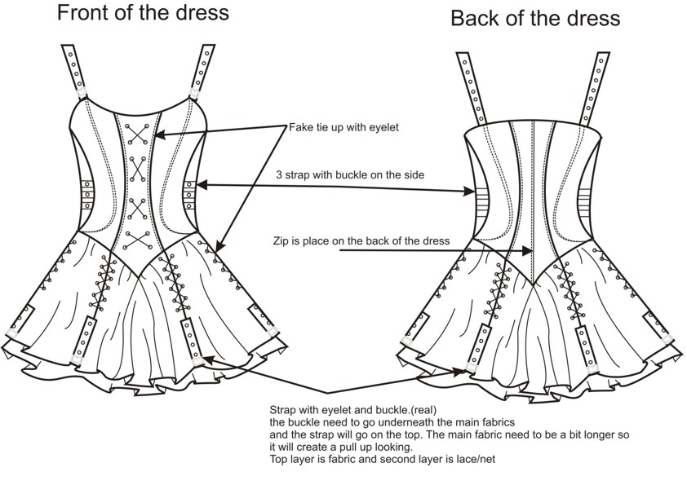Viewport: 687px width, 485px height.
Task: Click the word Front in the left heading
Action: pyautogui.click(x=81, y=13)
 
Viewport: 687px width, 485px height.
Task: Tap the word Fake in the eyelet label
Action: pyautogui.click(x=300, y=127)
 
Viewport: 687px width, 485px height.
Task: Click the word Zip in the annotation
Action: pyautogui.click(x=280, y=240)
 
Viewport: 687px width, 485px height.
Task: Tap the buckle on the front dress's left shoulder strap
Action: pyautogui.click(x=82, y=93)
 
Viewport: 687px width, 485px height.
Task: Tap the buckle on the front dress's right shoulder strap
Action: pyautogui.click(x=194, y=93)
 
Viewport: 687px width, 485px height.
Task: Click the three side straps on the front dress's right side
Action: pyautogui.click(x=190, y=195)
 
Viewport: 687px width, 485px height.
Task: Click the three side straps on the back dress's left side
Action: pyautogui.click(x=481, y=199)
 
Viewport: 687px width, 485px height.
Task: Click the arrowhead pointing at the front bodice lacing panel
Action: pyautogui.click(x=161, y=134)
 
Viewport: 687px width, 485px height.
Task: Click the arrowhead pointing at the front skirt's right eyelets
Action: pyautogui.click(x=220, y=247)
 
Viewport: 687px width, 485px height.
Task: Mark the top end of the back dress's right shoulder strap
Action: pyautogui.click(x=602, y=54)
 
